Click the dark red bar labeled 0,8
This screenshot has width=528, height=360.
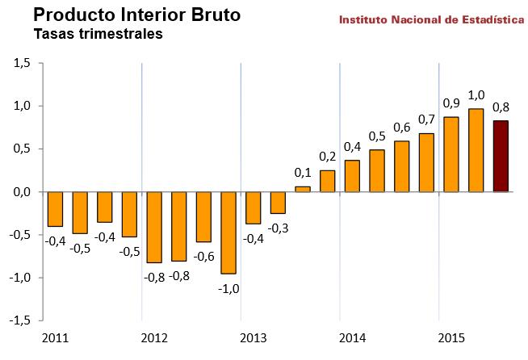click(501, 156)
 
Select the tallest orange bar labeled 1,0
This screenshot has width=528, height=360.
click(476, 150)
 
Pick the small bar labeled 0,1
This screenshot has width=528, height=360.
click(303, 189)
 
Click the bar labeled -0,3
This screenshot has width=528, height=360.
click(278, 203)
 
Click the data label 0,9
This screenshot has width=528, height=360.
click(452, 103)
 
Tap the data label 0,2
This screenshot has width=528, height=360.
click(327, 156)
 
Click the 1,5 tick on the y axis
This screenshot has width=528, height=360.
click(22, 63)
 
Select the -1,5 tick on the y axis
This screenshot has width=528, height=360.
click(20, 320)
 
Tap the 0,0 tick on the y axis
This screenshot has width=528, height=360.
click(22, 192)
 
